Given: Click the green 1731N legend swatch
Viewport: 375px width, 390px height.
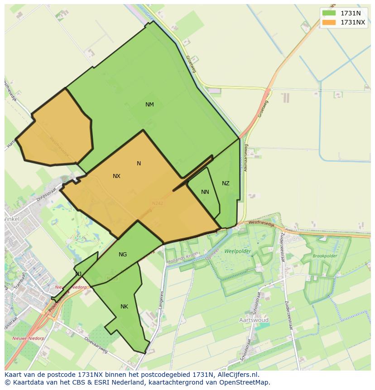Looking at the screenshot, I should click(329, 13).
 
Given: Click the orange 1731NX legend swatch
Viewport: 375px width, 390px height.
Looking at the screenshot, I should click(329, 22).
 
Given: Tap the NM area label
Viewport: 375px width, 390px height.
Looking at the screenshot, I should click(149, 105).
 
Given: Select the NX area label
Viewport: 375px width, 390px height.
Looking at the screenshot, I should click(116, 176).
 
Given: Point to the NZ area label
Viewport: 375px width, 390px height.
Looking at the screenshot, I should click(226, 183).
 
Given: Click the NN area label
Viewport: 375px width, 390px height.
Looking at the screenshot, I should click(205, 192).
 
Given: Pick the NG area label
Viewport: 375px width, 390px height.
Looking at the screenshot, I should click(123, 255).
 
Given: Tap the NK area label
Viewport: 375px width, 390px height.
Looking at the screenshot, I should click(124, 307).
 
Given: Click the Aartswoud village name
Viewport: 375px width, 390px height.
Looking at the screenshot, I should click(254, 320).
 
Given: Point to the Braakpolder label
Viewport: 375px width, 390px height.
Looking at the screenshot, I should click(325, 256).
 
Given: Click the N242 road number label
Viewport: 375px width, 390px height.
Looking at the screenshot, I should click(158, 203).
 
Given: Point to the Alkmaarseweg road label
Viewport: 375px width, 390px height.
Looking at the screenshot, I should click(246, 156).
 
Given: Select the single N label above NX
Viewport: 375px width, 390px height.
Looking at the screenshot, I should click(139, 164).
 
